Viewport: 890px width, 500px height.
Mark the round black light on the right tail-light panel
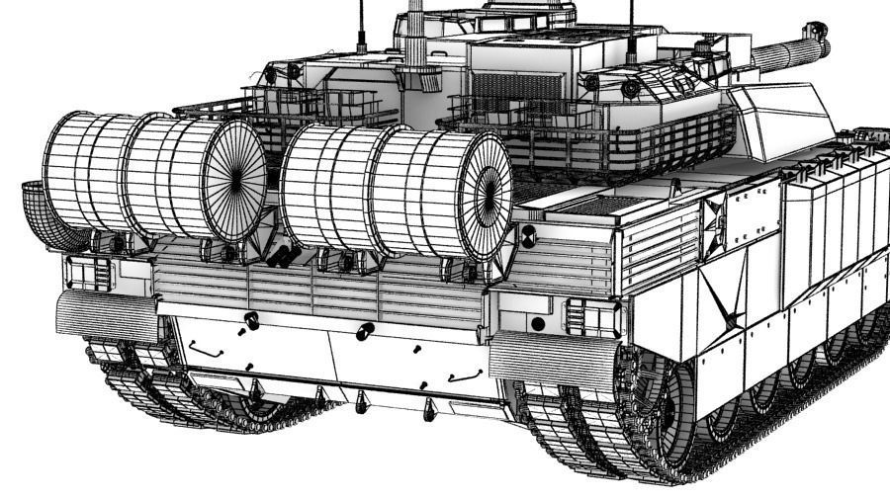pyautogui.click(x=537, y=323)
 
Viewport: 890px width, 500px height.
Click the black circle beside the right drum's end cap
pyautogui.click(x=528, y=234)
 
